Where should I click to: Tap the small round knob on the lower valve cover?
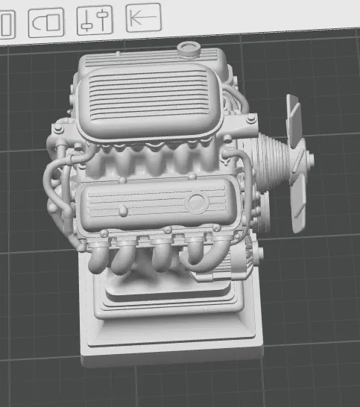pos(119,180)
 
